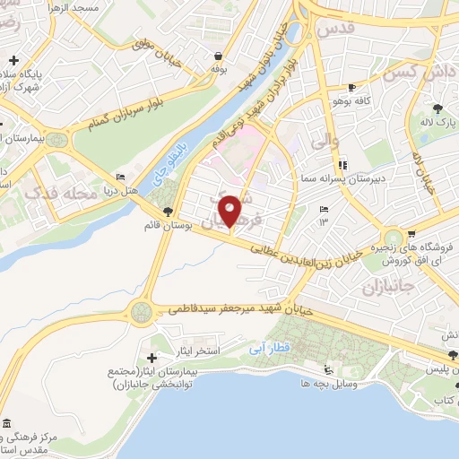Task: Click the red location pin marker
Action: [230, 212]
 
